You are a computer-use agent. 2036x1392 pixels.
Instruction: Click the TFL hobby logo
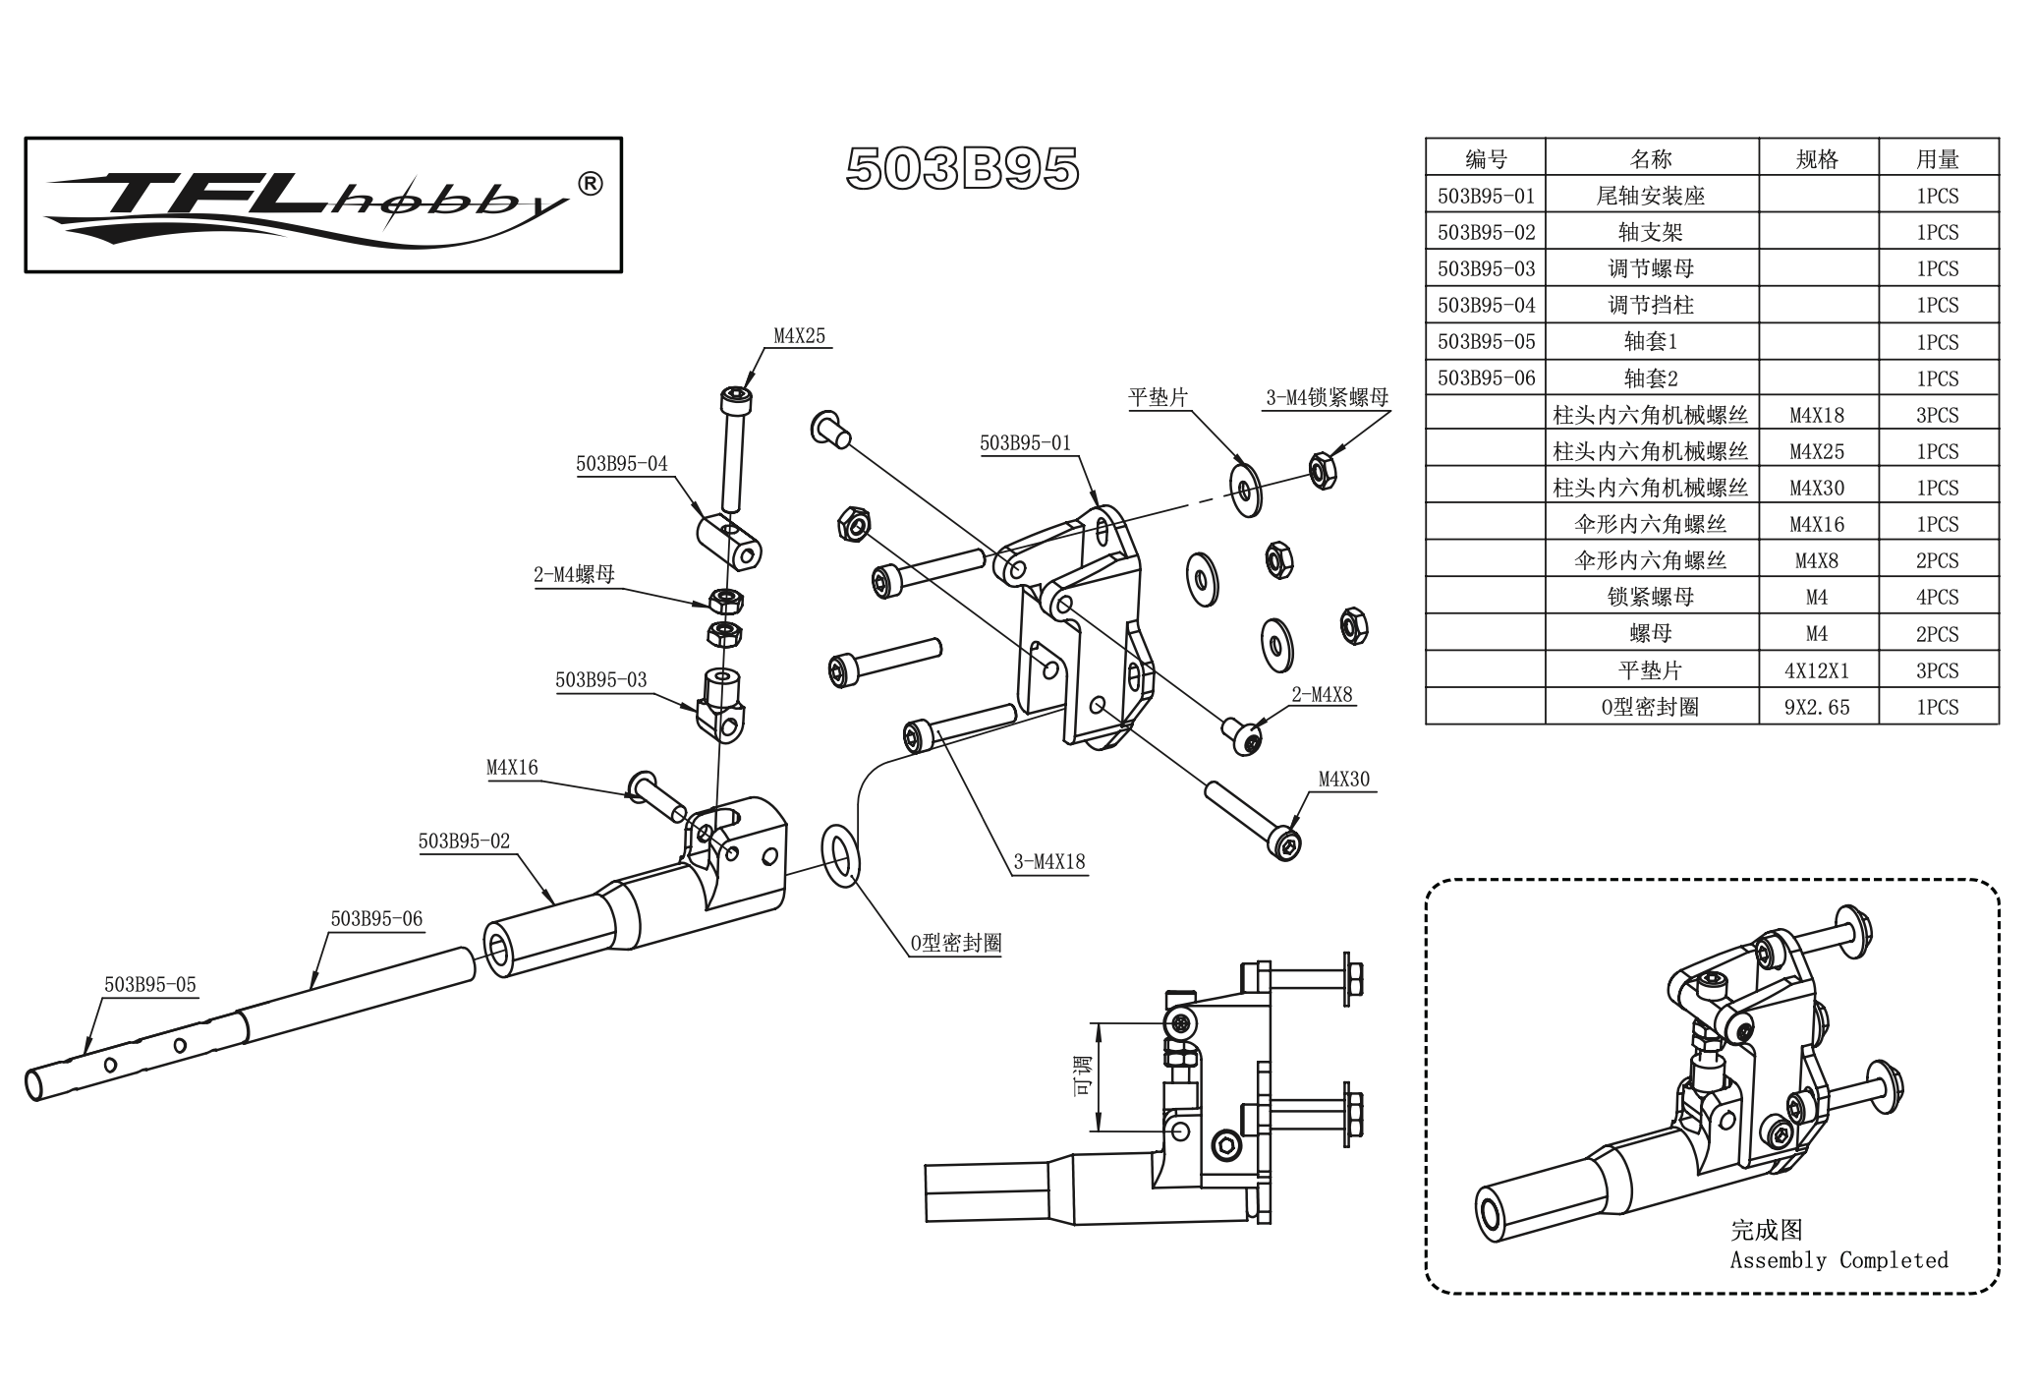click(x=323, y=204)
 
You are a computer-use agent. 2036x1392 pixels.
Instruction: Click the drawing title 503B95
click(x=962, y=169)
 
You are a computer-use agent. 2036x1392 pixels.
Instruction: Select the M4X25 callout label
click(x=799, y=336)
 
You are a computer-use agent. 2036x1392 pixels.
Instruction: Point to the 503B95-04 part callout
click(x=621, y=464)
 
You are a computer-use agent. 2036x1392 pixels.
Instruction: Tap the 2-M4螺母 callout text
click(x=574, y=575)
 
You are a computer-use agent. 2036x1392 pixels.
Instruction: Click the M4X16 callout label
click(x=512, y=768)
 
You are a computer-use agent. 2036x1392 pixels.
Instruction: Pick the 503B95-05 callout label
click(x=149, y=984)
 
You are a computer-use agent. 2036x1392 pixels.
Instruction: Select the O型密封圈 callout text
click(x=955, y=944)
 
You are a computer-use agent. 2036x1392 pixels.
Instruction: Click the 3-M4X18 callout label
click(x=1049, y=862)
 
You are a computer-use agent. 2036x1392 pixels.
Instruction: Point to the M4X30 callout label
click(x=1343, y=780)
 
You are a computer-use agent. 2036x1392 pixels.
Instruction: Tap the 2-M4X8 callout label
click(x=1322, y=695)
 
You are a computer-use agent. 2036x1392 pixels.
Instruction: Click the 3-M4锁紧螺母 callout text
click(x=1327, y=398)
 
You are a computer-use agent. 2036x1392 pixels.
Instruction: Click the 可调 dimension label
click(x=1082, y=1075)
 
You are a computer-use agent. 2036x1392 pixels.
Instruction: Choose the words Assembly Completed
click(x=1838, y=1260)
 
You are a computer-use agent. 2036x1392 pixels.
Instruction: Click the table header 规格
click(x=1817, y=159)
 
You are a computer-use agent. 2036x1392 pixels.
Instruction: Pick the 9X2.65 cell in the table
click(x=1817, y=708)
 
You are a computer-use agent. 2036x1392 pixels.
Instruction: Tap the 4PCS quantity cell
click(x=1937, y=598)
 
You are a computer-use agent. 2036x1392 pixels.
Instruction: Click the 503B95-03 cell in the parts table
click(x=1486, y=269)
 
